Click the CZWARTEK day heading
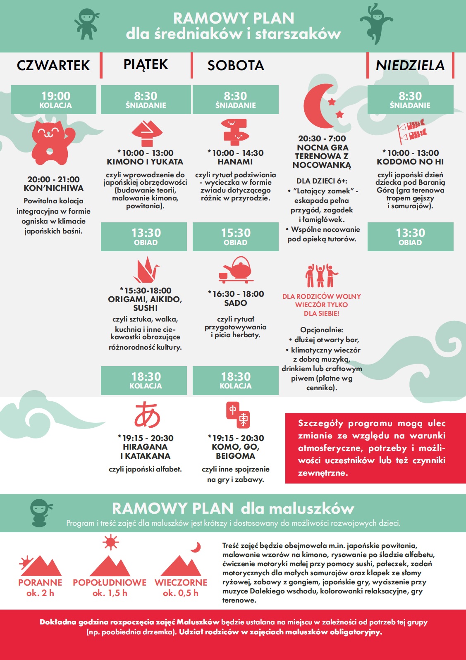tap(53, 65)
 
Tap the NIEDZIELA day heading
tap(410, 65)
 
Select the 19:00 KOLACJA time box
tap(55, 100)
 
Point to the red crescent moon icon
tap(319, 106)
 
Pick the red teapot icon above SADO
tap(236, 269)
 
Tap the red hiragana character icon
tap(147, 415)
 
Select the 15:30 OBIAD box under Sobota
tap(236, 237)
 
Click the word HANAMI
tap(235, 162)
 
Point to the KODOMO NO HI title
tap(410, 162)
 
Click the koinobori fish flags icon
tap(411, 130)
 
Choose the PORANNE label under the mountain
tap(40, 582)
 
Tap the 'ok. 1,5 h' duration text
tap(110, 593)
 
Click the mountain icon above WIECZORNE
tap(181, 566)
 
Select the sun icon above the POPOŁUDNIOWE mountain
tap(110, 542)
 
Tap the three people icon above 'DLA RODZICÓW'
tap(321, 276)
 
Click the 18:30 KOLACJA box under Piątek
tap(146, 380)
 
